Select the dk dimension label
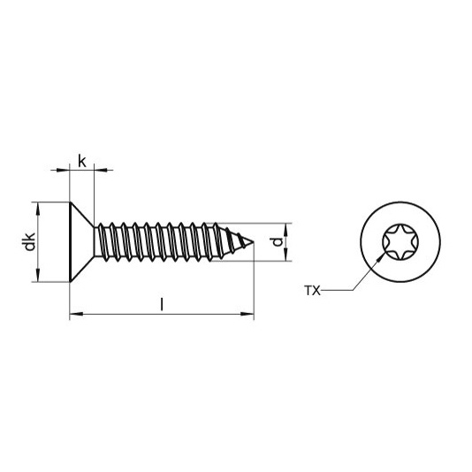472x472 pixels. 28,241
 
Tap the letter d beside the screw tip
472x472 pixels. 276,241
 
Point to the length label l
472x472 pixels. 161,305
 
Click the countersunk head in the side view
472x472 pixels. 80,241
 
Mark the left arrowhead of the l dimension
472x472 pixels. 74,314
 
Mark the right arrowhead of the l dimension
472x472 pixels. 247,314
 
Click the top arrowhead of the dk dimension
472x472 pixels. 36,206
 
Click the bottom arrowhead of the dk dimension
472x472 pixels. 36,277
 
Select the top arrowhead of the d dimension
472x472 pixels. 287,226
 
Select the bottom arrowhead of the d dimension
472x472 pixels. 287,256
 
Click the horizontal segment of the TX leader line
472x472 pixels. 336,290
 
